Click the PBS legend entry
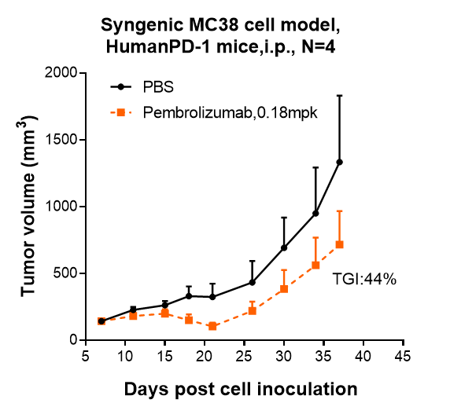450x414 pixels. [x=158, y=86]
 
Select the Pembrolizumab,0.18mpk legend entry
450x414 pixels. [x=229, y=113]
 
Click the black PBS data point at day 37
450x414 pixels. [x=339, y=162]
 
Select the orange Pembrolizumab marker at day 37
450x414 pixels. [x=339, y=244]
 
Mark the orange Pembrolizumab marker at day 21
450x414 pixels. [x=212, y=326]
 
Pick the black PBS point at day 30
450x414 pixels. [x=284, y=247]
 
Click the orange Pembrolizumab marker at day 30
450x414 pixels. [x=284, y=289]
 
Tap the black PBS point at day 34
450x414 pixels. [x=315, y=213]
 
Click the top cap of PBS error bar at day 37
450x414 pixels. [x=339, y=95]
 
